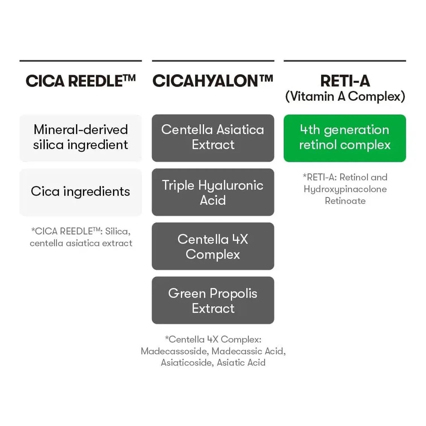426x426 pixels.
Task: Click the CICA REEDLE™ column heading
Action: coord(80,81)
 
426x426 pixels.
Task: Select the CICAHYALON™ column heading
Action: coord(213,81)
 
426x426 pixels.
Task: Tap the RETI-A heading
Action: coord(345,81)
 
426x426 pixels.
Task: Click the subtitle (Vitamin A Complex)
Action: coord(345,96)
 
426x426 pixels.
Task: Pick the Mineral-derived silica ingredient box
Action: coord(80,138)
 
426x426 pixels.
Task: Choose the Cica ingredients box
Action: coord(80,192)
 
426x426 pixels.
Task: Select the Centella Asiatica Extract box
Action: coord(213,138)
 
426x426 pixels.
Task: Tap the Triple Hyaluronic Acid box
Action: coord(213,192)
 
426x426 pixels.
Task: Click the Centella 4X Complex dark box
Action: coord(213,246)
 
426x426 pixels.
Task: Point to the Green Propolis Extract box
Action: coord(213,300)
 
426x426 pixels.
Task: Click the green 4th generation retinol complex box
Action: coord(345,138)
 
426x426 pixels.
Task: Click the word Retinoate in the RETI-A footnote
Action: coord(345,201)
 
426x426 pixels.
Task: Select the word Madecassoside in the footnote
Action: coord(175,351)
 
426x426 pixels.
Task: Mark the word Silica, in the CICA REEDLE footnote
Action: coord(118,232)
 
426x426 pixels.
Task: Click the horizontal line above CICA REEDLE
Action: coord(80,61)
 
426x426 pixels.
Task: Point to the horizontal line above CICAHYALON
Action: coord(213,61)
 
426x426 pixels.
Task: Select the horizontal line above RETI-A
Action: coord(345,61)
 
